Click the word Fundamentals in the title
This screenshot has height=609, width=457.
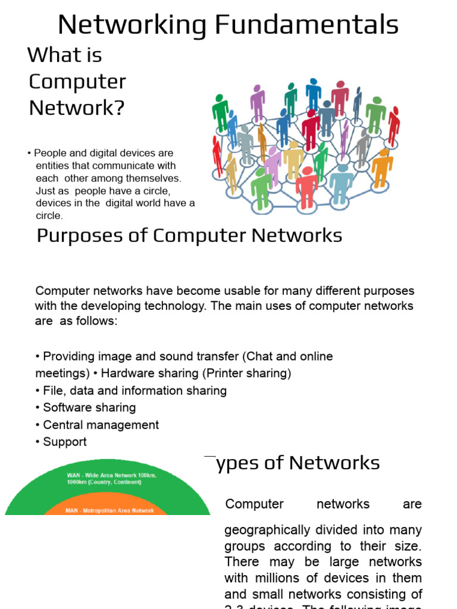(307, 26)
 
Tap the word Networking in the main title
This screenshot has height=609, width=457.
(132, 26)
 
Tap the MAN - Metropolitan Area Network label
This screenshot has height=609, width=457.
(109, 510)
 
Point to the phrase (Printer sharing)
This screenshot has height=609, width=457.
(254, 373)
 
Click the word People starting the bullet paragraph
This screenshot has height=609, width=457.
(50, 153)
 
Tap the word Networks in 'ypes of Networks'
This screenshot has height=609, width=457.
(335, 463)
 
